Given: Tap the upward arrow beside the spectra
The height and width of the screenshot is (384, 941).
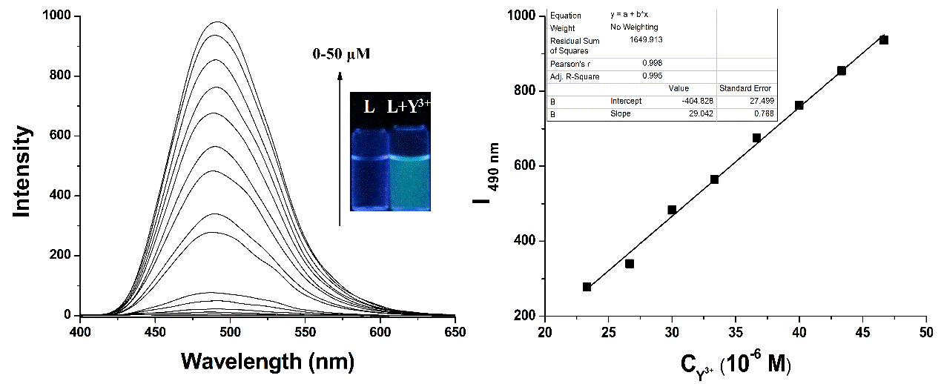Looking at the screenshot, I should pos(340,148).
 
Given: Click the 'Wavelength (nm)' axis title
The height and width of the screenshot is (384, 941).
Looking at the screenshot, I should pos(268,362).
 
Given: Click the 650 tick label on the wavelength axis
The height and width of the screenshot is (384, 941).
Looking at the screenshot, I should pos(455,331).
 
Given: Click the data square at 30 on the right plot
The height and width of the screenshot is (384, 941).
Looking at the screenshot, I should pos(672,210).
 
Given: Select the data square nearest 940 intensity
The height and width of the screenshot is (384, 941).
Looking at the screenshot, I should pos(884,40).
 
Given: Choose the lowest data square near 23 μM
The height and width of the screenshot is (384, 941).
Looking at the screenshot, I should pos(587,287).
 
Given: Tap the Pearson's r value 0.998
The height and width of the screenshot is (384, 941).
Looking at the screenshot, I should pos(652,64).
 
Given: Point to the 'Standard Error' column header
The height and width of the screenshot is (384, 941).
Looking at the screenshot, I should pos(745,88).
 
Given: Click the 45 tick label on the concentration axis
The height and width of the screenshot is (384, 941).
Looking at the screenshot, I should pos(863,331).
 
